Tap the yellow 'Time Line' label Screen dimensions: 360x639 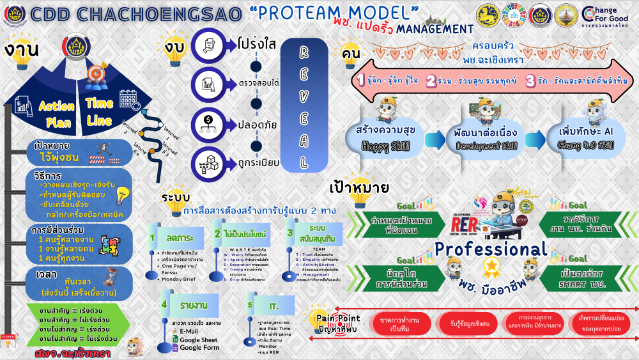[x=100, y=112]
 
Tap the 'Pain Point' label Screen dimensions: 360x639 [x=338, y=318]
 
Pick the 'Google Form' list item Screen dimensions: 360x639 [x=198, y=348]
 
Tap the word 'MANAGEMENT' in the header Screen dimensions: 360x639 [x=435, y=29]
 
